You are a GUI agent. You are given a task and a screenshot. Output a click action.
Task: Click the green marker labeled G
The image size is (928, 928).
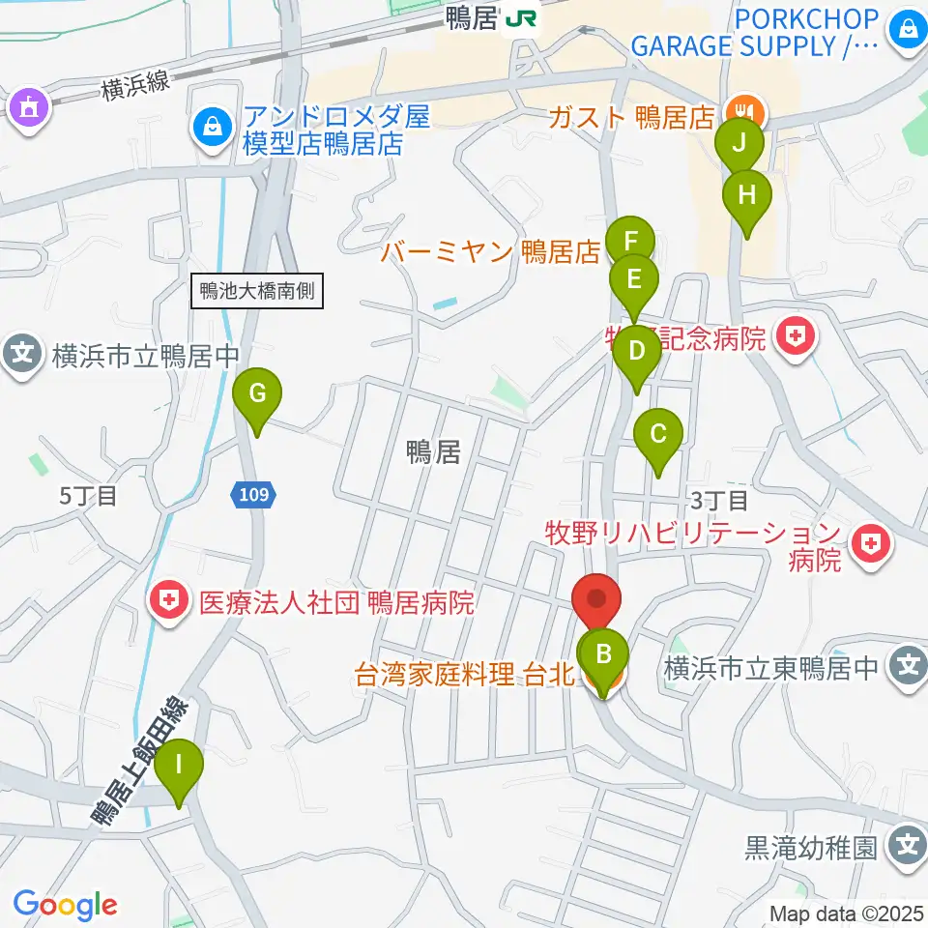(257, 394)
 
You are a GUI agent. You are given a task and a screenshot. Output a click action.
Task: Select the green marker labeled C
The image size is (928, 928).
(658, 433)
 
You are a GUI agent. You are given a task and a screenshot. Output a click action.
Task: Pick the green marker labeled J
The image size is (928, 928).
(739, 144)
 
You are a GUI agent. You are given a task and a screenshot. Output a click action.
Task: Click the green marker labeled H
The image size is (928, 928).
(747, 194)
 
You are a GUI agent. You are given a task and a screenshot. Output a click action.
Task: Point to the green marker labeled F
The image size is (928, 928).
(631, 240)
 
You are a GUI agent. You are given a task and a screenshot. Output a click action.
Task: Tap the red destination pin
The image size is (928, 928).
(595, 600)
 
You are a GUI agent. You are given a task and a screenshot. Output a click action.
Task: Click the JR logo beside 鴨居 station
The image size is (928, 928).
(523, 18)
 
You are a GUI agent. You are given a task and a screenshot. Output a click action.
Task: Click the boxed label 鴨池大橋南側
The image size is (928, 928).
(257, 291)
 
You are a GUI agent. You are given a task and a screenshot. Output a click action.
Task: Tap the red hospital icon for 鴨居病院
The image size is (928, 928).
(170, 604)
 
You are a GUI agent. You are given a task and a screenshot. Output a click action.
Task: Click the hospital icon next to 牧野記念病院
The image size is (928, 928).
(796, 338)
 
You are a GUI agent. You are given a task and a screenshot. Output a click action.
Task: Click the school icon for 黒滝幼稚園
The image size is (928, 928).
(908, 847)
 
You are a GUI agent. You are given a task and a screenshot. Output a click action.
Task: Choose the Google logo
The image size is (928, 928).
(65, 905)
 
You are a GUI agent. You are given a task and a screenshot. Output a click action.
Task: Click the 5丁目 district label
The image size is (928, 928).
(88, 497)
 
